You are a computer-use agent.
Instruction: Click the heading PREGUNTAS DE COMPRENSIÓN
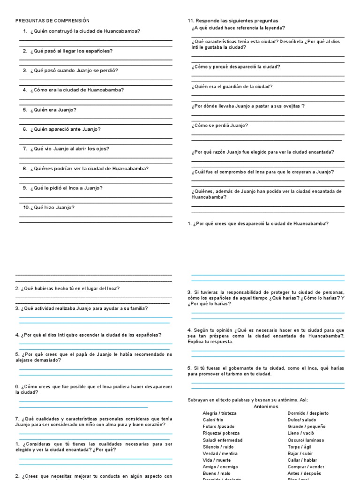click(x=52, y=21)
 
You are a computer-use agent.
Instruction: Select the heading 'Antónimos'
click(x=265, y=407)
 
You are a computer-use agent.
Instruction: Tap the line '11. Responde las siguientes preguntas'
click(x=232, y=21)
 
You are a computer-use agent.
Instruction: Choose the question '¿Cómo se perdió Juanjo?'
click(x=220, y=126)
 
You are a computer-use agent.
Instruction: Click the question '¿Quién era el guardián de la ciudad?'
click(x=232, y=87)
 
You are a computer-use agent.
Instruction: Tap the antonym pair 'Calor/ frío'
click(x=213, y=420)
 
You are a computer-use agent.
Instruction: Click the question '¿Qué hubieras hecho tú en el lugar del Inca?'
click(x=70, y=289)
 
